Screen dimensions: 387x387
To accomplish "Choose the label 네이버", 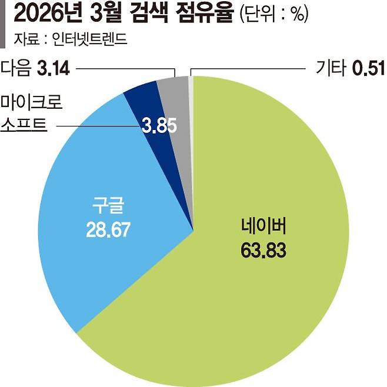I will pyautogui.click(x=263, y=228).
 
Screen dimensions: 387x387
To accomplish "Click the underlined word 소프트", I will pyautogui.click(x=24, y=125).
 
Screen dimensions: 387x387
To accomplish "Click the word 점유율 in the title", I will pyautogui.click(x=206, y=14).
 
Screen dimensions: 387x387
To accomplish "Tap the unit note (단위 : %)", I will pyautogui.click(x=273, y=15).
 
